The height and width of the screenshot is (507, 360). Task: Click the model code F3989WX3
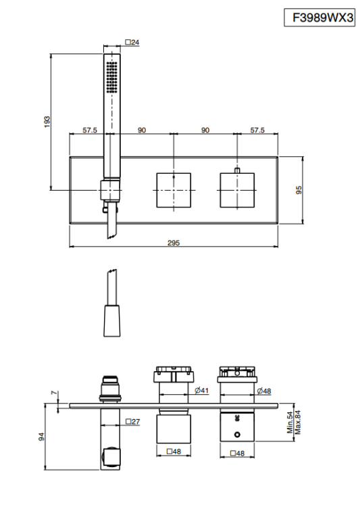coord(322,18)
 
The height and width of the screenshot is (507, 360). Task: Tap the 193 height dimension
coord(47,122)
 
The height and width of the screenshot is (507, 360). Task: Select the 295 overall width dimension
coord(174,243)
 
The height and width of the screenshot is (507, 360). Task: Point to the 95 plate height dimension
coord(299,190)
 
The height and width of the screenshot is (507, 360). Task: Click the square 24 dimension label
coord(132,43)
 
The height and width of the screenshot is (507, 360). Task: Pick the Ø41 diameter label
coord(202,391)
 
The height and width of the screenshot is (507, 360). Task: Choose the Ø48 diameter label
coord(264,391)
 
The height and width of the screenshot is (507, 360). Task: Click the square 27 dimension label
coord(132,421)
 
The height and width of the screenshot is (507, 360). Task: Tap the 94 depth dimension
coord(41,437)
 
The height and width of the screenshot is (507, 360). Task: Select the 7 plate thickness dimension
coord(54,393)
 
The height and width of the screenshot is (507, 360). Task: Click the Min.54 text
coord(290,422)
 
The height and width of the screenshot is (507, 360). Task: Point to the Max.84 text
coord(298,422)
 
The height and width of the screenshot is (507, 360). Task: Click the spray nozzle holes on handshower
coord(112,77)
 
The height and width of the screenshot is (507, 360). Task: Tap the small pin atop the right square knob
coord(237,170)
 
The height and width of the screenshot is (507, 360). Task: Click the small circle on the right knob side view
coord(238,435)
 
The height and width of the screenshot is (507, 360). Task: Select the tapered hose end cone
coord(112,320)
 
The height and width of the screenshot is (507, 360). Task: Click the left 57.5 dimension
coord(90,130)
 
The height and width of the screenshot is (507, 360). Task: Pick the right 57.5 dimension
coord(257,130)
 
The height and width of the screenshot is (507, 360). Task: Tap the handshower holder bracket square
coord(110,190)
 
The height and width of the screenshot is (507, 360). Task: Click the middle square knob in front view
coord(174,190)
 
